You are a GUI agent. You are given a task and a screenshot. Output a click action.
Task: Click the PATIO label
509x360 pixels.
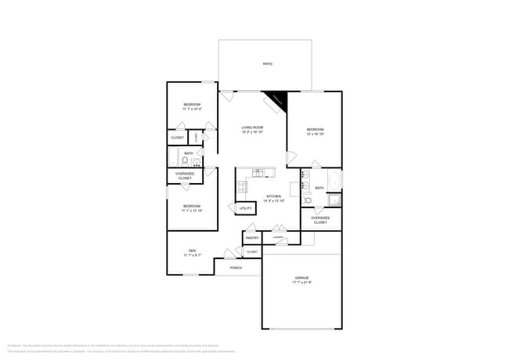click(267, 63)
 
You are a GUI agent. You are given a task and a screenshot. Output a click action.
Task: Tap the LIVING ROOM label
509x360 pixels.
click(251, 128)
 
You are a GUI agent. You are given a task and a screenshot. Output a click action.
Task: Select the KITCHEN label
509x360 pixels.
click(273, 196)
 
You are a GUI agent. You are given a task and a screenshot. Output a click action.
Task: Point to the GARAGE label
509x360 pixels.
click(301, 278)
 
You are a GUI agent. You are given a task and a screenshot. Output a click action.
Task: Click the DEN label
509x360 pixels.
click(192, 250)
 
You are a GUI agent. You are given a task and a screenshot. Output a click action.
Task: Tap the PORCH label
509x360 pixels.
click(236, 268)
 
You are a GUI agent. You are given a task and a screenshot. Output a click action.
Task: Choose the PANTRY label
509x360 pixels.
click(252, 237)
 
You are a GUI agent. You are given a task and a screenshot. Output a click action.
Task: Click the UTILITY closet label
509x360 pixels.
click(245, 208)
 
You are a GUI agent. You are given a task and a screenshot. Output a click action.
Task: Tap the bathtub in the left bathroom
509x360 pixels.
click(172, 159)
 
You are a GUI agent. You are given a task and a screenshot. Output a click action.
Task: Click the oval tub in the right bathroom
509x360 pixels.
click(334, 179)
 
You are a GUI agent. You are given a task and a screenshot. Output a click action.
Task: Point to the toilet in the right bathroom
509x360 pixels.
click(308, 200)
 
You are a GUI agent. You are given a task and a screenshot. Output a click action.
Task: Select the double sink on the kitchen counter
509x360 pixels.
click(258, 172)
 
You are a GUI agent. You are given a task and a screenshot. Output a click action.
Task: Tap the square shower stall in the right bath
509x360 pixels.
click(334, 200)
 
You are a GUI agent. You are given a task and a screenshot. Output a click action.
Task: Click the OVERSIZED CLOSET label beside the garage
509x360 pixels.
click(320, 221)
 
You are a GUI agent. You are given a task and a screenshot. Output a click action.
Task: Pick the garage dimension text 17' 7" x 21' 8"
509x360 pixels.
click(301, 283)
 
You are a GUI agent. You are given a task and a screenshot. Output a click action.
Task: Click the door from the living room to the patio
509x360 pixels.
click(226, 95)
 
